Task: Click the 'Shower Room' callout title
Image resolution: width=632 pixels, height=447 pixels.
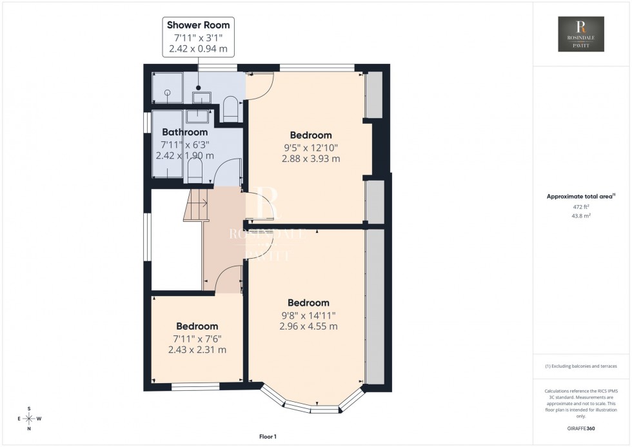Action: [x=198, y=25]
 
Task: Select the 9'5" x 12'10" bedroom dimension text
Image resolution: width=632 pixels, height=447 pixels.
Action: [x=311, y=147]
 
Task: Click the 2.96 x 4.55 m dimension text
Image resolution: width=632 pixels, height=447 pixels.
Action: [x=308, y=326]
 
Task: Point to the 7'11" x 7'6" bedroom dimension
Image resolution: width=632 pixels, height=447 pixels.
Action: [x=197, y=339]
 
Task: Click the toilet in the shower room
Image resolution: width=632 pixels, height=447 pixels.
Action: [x=230, y=108]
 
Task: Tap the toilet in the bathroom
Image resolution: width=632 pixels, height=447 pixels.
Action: [x=195, y=171]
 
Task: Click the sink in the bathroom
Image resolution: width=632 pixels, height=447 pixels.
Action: [x=195, y=116]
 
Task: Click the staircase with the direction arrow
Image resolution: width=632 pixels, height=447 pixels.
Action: [x=196, y=205]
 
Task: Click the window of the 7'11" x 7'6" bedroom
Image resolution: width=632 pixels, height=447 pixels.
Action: [x=196, y=387]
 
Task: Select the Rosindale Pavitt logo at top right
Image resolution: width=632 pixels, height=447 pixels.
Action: [x=581, y=34]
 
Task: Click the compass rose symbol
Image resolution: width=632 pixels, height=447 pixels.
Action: [x=29, y=418]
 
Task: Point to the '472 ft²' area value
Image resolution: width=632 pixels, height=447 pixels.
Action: [x=581, y=206]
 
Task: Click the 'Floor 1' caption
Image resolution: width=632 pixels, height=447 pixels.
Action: [x=266, y=437]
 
